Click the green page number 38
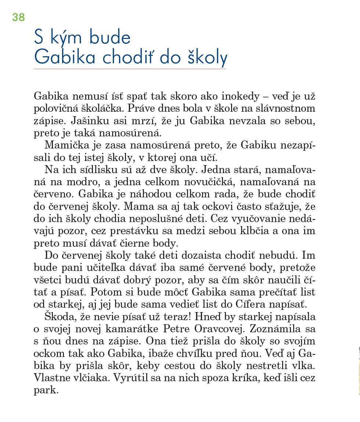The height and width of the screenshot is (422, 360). pos(18,17)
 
